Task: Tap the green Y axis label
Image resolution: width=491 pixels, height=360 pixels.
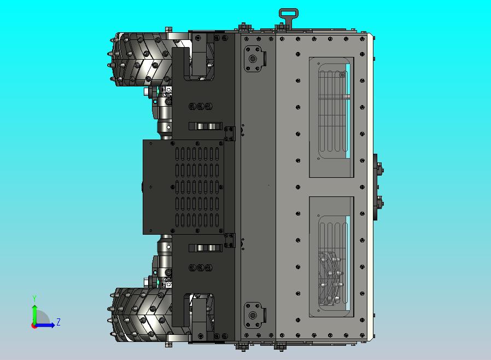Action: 34,298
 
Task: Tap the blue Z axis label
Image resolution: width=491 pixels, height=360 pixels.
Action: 58,322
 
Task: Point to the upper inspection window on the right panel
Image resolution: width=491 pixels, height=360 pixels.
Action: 331,117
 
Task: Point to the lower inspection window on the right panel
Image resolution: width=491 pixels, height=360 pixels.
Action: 331,256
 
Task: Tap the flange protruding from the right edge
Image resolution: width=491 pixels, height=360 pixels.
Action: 377,187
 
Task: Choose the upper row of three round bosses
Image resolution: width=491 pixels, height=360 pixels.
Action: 200,106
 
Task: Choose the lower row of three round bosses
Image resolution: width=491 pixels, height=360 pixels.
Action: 200,268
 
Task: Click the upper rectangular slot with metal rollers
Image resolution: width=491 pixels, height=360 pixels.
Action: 205,126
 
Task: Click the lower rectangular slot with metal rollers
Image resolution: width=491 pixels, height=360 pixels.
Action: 205,248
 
